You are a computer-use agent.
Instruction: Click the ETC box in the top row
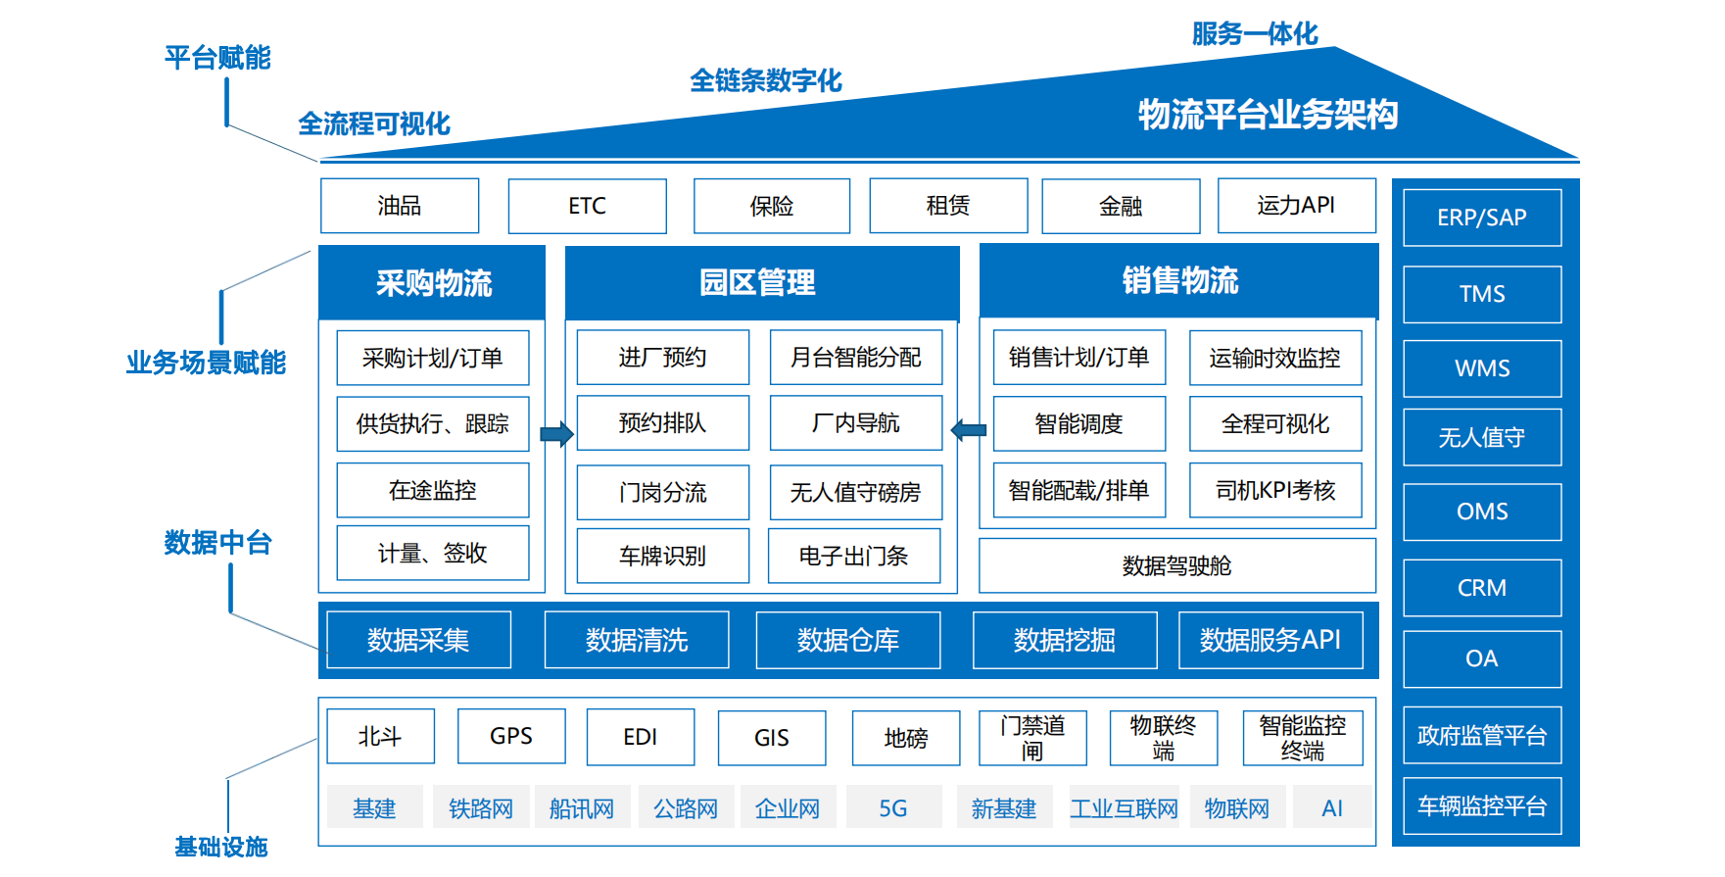(x=587, y=206)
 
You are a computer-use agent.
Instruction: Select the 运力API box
(x=1296, y=205)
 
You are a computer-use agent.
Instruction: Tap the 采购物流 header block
(x=432, y=283)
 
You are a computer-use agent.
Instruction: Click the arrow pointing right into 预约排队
(x=556, y=433)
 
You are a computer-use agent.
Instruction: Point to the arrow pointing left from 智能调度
(x=969, y=429)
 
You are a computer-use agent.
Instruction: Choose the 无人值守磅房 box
(x=855, y=492)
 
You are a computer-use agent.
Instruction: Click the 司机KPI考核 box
(x=1274, y=490)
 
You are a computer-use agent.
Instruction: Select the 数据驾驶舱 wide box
(x=1176, y=565)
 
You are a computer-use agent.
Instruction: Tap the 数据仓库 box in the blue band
(x=847, y=640)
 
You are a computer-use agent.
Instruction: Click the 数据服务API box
(x=1270, y=640)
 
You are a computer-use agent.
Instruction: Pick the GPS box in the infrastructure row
(x=510, y=736)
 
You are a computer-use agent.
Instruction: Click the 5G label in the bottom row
(x=892, y=807)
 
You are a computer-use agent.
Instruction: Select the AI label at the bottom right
(x=1331, y=807)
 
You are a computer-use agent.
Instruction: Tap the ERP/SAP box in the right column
(x=1481, y=218)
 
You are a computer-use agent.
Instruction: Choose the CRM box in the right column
(x=1481, y=588)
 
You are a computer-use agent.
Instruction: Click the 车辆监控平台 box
(x=1481, y=805)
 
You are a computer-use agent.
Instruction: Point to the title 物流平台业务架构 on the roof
(x=1267, y=115)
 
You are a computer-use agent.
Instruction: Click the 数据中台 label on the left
(x=217, y=542)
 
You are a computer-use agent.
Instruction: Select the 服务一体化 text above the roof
(x=1254, y=34)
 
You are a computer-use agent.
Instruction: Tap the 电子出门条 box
(x=853, y=556)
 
